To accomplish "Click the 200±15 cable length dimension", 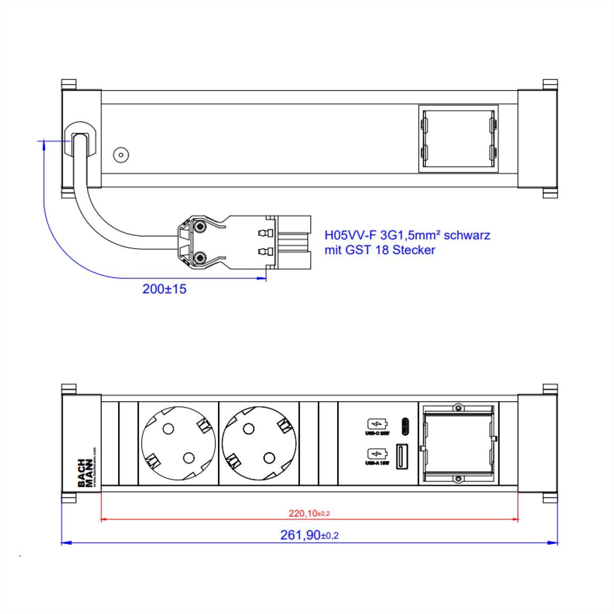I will [x=164, y=289].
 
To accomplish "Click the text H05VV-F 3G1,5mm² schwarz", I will [x=407, y=235].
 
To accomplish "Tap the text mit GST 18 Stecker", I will [x=380, y=250].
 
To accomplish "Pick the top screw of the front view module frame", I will [x=458, y=408].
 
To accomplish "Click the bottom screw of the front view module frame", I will [x=458, y=479].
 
